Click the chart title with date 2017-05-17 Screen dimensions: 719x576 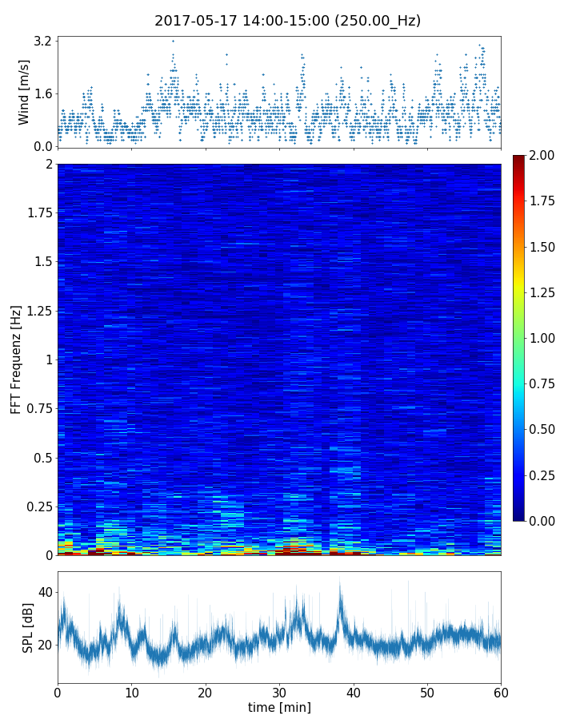click(x=287, y=21)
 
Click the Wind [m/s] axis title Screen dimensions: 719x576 click(x=24, y=91)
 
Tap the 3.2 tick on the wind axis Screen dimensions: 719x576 click(x=43, y=41)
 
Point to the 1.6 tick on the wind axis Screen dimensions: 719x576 click(x=43, y=93)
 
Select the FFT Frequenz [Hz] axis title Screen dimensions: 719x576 click(x=16, y=359)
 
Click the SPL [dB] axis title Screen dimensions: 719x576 click(x=28, y=626)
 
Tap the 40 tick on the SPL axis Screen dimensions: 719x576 click(x=45, y=593)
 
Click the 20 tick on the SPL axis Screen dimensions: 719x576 click(x=45, y=645)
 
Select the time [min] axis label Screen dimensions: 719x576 click(x=279, y=707)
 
